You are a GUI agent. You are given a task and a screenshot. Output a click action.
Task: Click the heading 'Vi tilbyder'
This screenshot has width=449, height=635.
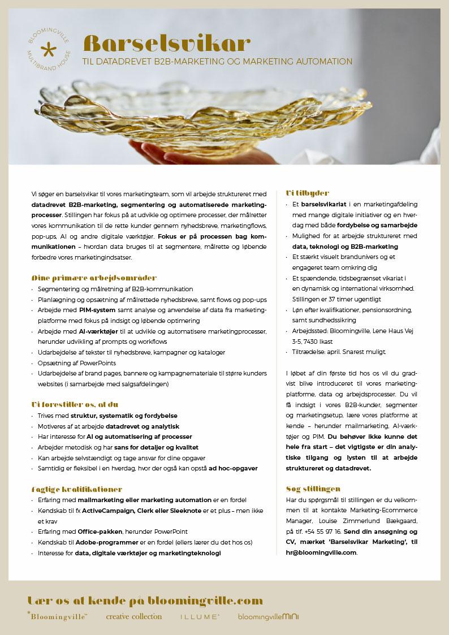pos(308,193)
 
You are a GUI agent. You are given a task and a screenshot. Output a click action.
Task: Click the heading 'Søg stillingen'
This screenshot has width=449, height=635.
pos(313,489)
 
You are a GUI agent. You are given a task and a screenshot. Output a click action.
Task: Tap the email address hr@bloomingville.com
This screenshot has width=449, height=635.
pos(321,552)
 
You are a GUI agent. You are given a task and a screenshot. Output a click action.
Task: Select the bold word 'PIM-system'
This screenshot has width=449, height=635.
pos(97,310)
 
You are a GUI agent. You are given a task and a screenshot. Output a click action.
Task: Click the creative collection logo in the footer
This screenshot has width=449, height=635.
pos(133,616)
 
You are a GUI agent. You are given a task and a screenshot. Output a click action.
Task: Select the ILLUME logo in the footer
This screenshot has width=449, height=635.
pos(200,617)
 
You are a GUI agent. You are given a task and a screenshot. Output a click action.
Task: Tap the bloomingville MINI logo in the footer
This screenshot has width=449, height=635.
pos(268,616)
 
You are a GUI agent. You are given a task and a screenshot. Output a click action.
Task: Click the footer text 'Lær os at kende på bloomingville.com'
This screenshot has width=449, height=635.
pos(145,600)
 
